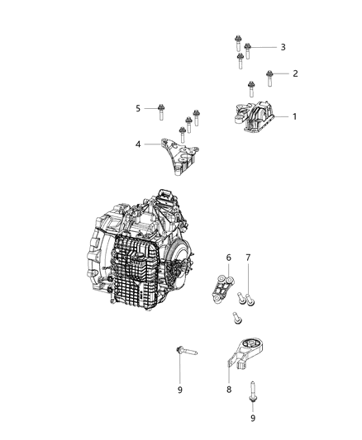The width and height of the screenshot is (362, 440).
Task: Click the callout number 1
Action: click(293, 116)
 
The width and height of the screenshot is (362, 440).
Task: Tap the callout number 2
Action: click(295, 73)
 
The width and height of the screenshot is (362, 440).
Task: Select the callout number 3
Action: click(282, 47)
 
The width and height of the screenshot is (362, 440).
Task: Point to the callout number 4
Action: click(139, 144)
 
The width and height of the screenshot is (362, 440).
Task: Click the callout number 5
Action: click(139, 107)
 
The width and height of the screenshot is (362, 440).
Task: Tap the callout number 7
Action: click(248, 258)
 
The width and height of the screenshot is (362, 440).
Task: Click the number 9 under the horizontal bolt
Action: click(179, 389)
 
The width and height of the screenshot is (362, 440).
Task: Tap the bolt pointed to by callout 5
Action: click(160, 108)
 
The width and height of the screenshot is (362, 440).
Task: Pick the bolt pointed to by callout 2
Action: click(269, 78)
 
